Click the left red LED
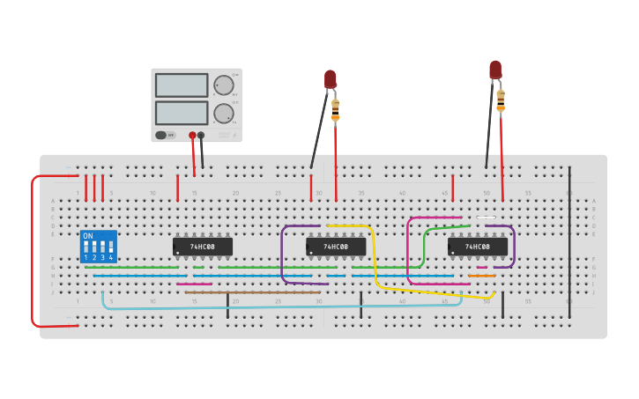(330, 78)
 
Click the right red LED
(495, 69)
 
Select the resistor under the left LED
(335, 109)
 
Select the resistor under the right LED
(501, 100)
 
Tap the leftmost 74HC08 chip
(203, 247)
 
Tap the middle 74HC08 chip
(336, 247)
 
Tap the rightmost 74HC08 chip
(477, 247)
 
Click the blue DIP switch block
(98, 247)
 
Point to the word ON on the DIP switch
(87, 236)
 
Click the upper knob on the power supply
(224, 85)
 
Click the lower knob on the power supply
(224, 114)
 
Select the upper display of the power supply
(182, 85)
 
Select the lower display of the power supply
(182, 113)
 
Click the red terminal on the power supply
(192, 136)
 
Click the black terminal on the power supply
(201, 136)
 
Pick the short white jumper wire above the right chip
(486, 218)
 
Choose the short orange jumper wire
(481, 276)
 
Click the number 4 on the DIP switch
(110, 257)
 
